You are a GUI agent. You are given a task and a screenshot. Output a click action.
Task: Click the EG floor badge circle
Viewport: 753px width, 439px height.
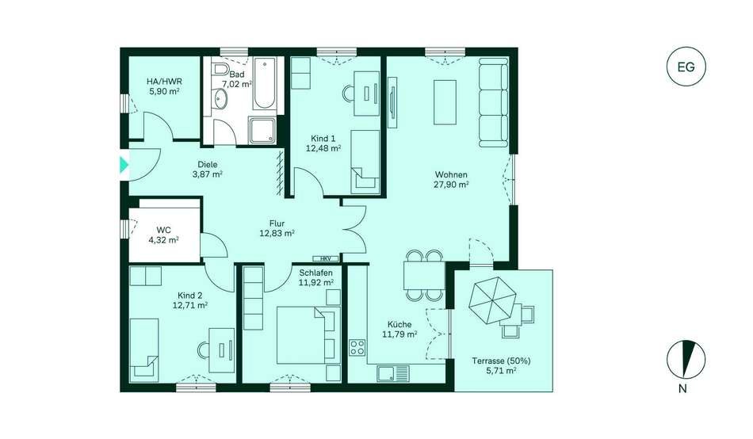point(686,67)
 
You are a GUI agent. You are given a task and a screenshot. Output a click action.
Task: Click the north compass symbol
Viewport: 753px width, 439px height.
point(686,359)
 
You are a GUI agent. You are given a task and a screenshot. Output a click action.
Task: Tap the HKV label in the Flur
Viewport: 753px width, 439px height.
point(326,258)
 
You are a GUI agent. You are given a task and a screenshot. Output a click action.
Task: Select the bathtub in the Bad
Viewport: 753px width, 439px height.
point(264,83)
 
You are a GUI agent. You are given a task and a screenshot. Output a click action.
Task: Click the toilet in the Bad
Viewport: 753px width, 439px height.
point(220,69)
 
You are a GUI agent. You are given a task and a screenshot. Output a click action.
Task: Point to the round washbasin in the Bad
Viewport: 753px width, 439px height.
point(221,99)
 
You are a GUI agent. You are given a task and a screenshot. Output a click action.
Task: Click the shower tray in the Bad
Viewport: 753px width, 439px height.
point(262,130)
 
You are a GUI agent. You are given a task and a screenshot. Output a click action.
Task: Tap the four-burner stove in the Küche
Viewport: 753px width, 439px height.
point(357,347)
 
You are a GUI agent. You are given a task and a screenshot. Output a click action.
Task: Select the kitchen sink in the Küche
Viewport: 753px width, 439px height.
point(393,372)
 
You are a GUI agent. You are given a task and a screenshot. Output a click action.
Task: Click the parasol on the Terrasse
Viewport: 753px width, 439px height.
point(492,300)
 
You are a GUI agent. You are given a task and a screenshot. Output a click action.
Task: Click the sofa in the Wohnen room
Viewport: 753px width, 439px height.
point(493,102)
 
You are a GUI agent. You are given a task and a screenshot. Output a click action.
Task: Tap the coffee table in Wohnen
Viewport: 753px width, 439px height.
point(445,102)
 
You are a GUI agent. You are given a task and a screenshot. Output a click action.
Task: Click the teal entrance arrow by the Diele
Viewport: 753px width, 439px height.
point(124,165)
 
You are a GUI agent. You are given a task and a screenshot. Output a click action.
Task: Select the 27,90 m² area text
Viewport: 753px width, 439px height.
point(452,185)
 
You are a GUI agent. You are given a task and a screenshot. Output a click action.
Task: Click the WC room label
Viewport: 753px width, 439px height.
point(164,230)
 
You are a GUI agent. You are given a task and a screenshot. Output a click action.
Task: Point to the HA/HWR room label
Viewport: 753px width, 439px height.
point(164,81)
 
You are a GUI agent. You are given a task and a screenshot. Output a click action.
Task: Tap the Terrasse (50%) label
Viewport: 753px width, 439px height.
point(502,361)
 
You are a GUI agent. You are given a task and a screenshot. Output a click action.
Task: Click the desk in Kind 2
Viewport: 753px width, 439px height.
point(222,349)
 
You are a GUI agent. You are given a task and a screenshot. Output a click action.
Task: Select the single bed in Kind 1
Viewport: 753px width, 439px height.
point(365,162)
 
